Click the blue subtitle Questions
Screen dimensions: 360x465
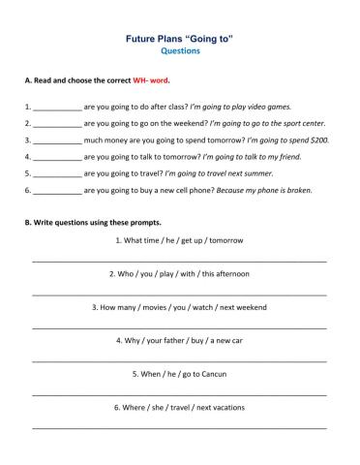[180, 51]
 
